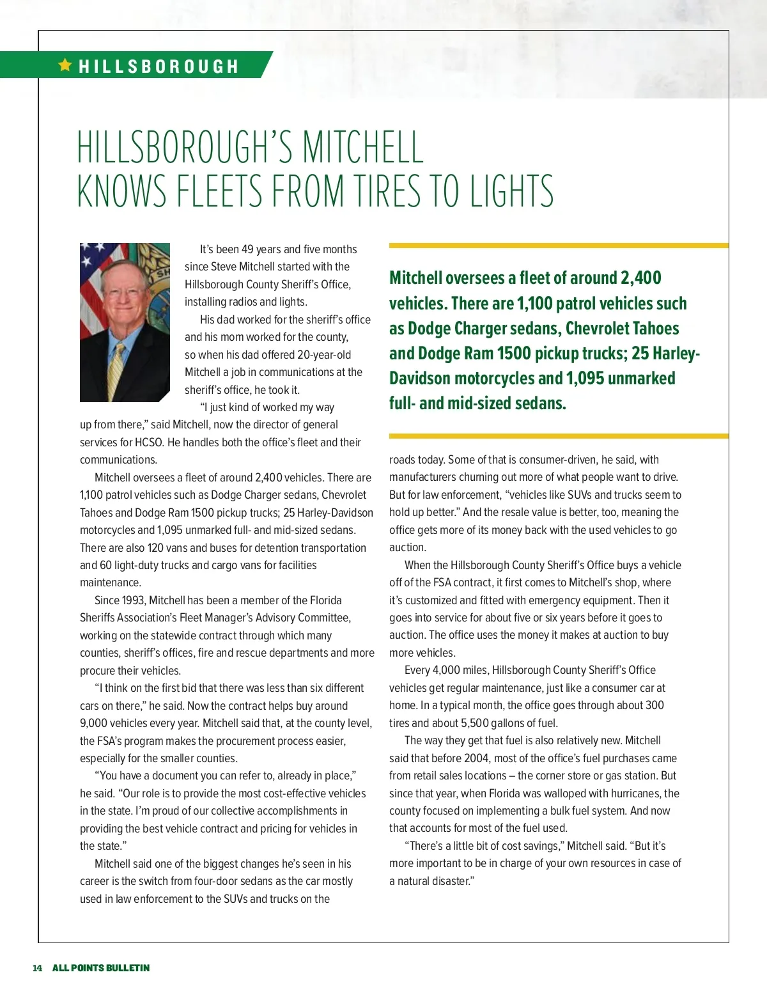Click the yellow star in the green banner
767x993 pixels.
(x=65, y=65)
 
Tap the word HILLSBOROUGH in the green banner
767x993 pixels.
(x=159, y=66)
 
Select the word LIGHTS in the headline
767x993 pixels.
(x=511, y=191)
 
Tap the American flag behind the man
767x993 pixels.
(x=93, y=281)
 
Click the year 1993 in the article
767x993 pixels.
(x=132, y=600)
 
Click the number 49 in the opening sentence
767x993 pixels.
(x=248, y=249)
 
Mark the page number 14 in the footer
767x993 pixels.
(x=38, y=968)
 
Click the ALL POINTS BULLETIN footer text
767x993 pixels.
(x=101, y=968)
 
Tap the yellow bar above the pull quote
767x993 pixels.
(x=558, y=246)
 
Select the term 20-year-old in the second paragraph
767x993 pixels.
(x=324, y=355)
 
